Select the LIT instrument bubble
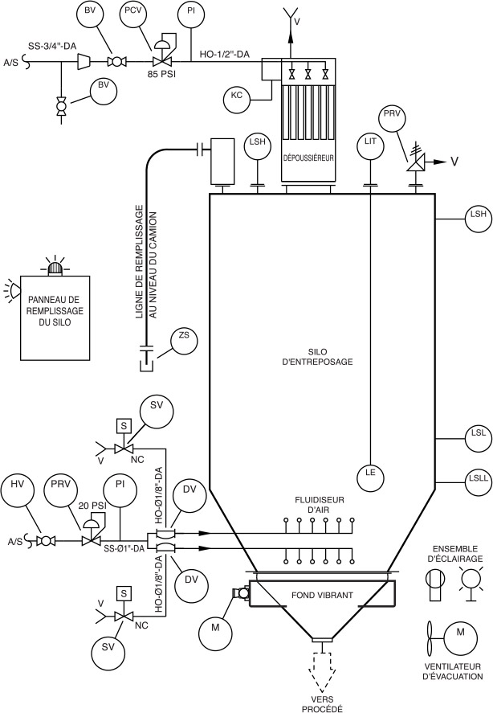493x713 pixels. click(370, 145)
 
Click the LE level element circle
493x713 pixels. click(370, 476)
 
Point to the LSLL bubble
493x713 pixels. click(479, 481)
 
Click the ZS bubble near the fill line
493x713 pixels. click(184, 340)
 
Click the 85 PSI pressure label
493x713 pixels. click(161, 74)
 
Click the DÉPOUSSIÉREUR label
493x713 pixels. click(308, 158)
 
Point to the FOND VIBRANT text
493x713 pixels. click(322, 595)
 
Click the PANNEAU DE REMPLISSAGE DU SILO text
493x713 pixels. click(55, 311)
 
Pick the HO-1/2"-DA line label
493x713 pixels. click(225, 54)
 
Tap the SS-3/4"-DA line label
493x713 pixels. click(51, 46)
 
